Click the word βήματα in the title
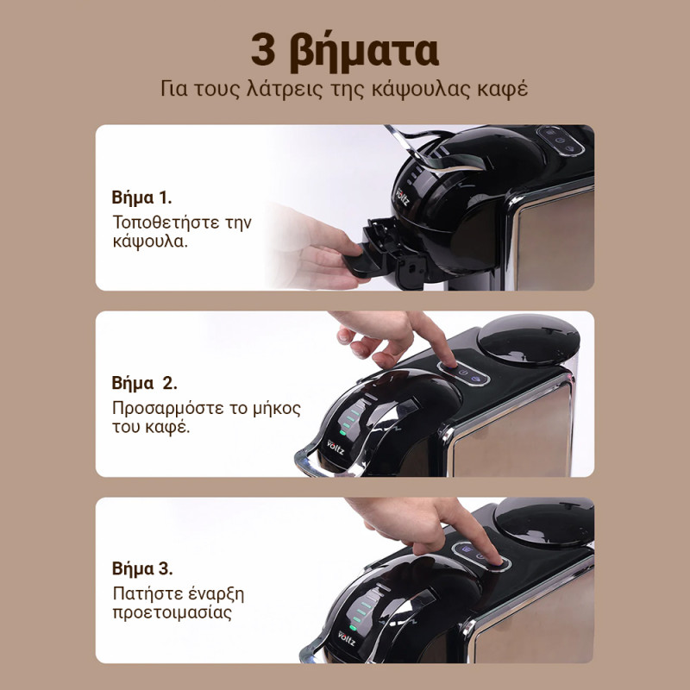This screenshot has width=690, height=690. [364, 52]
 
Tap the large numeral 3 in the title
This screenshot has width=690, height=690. [263, 49]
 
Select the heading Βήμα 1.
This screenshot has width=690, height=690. [141, 198]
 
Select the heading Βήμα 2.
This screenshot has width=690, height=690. [144, 383]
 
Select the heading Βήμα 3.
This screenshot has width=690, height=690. [142, 568]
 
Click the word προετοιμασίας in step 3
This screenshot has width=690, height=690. [172, 613]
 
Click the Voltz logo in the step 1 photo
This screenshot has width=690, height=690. [402, 197]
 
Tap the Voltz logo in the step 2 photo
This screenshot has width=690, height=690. [336, 447]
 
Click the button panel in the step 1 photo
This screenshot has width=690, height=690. [560, 141]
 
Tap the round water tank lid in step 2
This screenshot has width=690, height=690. [529, 338]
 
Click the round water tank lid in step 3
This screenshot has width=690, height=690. [544, 521]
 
